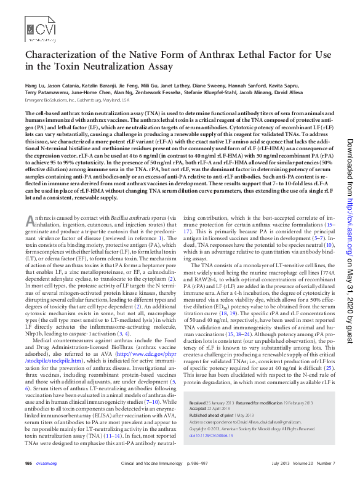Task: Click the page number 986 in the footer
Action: [x=28, y=463]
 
